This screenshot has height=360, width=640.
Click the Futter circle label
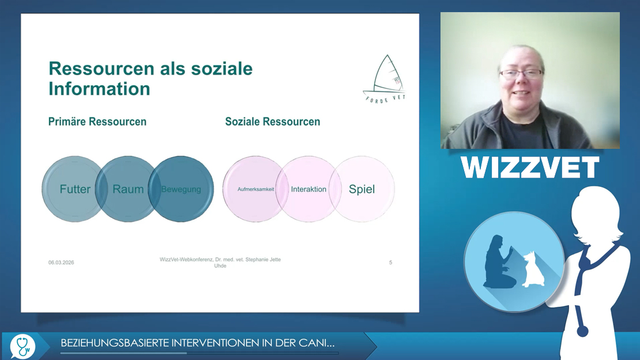(75, 189)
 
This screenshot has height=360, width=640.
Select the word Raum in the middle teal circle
(128, 189)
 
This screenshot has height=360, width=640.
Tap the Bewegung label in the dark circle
(181, 190)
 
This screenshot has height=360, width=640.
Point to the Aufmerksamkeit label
(256, 189)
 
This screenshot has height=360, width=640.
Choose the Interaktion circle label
(308, 189)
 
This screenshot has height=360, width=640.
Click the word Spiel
(362, 189)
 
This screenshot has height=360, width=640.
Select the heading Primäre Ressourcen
(97, 122)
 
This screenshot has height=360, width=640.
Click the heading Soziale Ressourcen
(273, 122)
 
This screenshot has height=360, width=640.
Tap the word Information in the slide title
(99, 89)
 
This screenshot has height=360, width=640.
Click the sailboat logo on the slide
(385, 79)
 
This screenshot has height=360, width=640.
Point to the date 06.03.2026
(61, 262)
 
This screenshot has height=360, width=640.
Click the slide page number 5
(390, 262)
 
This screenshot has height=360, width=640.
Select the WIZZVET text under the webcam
(530, 167)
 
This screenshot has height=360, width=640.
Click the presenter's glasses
(521, 74)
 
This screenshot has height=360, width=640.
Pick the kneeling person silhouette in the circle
(498, 262)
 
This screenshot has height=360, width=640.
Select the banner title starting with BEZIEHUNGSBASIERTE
(198, 343)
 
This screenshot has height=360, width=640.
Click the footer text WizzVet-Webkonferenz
(186, 260)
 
